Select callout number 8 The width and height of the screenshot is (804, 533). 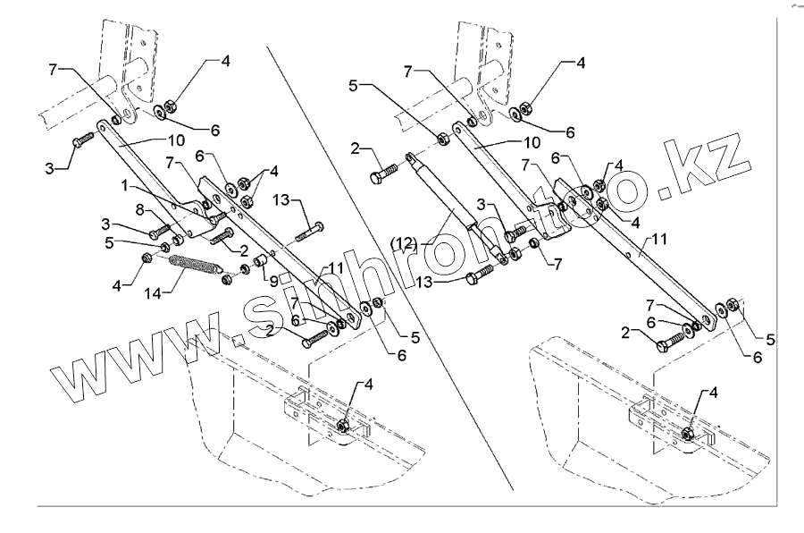coord(141,208)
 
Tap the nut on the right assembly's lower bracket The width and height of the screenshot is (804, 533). coord(687,434)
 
